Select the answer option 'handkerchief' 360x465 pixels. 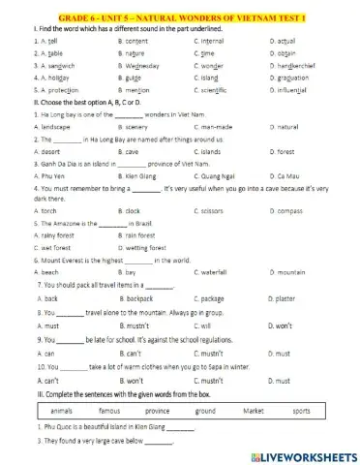pos(298,70)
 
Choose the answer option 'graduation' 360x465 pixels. pos(295,82)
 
